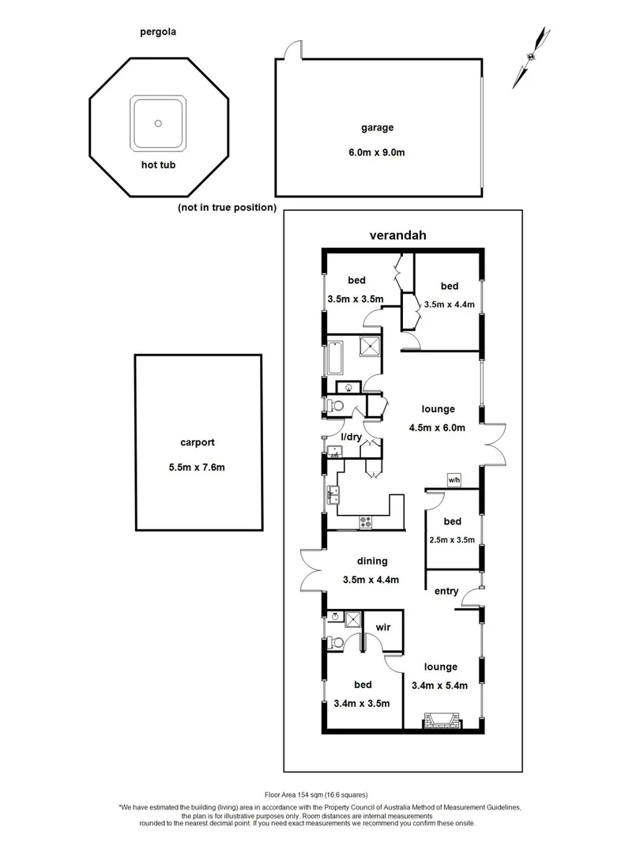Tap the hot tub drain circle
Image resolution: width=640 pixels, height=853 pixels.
(x=159, y=123)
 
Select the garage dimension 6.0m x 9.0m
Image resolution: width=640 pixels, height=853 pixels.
(x=378, y=152)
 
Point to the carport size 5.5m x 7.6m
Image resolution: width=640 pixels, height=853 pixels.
(x=198, y=467)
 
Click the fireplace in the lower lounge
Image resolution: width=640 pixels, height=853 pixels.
(x=439, y=720)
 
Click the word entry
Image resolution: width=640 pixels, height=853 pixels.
(x=446, y=591)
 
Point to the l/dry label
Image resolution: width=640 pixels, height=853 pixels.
(x=351, y=437)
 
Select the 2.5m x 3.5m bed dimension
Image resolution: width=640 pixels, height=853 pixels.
(x=452, y=540)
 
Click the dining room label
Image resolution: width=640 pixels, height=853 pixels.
(x=371, y=562)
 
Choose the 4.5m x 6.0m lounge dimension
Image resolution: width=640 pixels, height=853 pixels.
(x=438, y=429)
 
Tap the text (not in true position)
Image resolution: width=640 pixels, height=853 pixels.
(x=227, y=208)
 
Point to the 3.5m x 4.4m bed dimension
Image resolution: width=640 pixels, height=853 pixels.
(x=449, y=302)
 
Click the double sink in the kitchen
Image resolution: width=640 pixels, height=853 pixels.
(x=333, y=496)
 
